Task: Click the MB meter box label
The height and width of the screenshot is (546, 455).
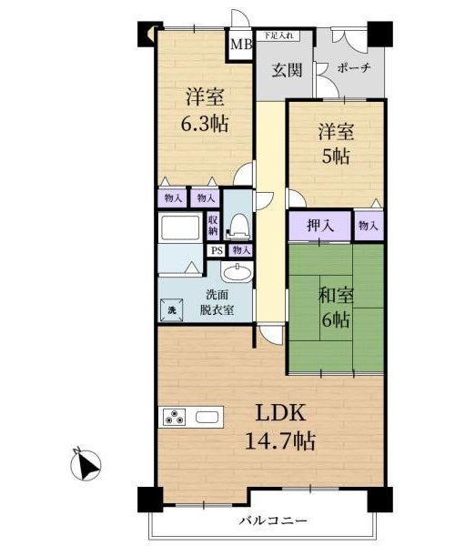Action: (x=241, y=45)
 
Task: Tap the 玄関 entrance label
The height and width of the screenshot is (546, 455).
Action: (x=286, y=71)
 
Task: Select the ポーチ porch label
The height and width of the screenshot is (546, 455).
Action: (x=353, y=67)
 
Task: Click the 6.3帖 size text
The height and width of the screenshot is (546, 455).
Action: (x=205, y=123)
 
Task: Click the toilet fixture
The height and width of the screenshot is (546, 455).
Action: (x=238, y=227)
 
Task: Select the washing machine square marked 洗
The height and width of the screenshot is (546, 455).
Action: (x=172, y=310)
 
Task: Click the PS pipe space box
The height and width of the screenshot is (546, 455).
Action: (x=217, y=250)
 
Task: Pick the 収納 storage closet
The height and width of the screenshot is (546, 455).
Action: (x=213, y=225)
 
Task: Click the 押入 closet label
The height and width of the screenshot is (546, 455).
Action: (x=320, y=226)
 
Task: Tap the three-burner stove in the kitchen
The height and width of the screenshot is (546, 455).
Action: (x=174, y=417)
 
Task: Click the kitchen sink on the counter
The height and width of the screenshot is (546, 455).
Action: (x=207, y=417)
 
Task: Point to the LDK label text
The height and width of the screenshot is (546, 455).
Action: (x=281, y=413)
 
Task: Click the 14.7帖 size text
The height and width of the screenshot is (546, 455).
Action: (x=280, y=441)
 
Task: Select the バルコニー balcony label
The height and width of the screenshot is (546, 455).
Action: (x=273, y=521)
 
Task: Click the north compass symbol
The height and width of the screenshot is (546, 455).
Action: (x=86, y=464)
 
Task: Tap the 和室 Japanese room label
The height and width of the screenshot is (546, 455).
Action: (x=336, y=295)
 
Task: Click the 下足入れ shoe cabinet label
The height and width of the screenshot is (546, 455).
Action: (x=279, y=35)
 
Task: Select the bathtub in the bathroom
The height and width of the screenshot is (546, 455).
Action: (x=179, y=227)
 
